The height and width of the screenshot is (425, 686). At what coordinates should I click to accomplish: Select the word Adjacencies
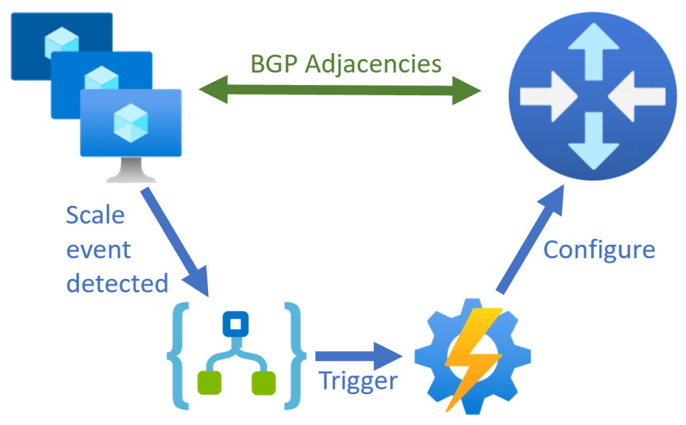pos(376,65)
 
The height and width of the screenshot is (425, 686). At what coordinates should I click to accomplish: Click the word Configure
pos(599,249)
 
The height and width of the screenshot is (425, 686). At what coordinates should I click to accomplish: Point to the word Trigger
pos(358,381)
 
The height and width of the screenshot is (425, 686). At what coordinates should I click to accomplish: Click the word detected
pos(117,283)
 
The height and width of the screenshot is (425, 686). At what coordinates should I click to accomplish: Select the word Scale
pos(95,216)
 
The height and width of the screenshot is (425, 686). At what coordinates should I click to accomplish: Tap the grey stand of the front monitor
pos(131,173)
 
